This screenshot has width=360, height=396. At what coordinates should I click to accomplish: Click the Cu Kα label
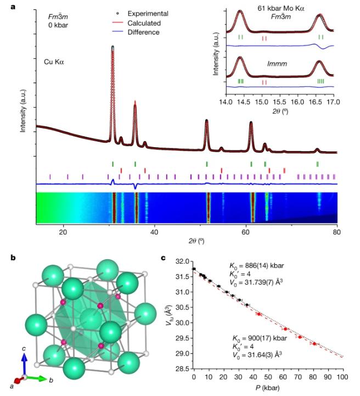[55, 62]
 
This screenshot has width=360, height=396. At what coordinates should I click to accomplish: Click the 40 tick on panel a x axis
[155, 232]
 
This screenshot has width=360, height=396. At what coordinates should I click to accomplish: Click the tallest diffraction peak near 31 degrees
[113, 49]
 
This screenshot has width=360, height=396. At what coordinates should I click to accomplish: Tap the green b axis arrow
[38, 377]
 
